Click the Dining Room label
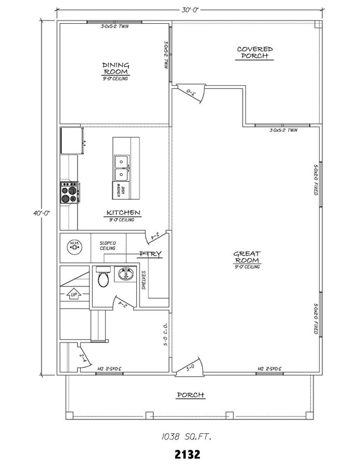115,68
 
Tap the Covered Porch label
255,53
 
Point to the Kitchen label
123,213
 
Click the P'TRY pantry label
150,254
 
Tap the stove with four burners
69,193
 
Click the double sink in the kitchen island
121,168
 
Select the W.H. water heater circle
74,246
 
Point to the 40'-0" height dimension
38,213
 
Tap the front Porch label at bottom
190,395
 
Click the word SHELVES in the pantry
143,280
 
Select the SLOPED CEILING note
107,245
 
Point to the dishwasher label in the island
117,191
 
